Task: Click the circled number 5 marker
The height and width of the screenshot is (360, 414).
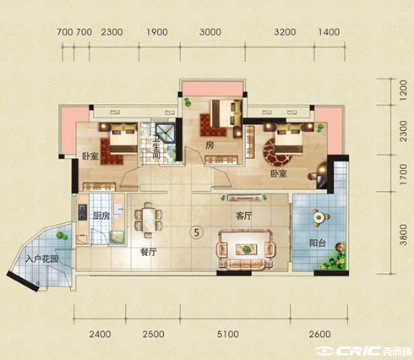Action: (x=197, y=232)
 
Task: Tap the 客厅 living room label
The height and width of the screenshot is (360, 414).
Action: (x=244, y=216)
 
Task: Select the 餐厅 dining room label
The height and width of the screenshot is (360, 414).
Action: (x=149, y=252)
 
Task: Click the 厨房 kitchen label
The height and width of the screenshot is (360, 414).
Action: (x=101, y=215)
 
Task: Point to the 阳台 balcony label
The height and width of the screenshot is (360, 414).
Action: (x=318, y=243)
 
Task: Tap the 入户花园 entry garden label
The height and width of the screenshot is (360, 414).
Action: (x=41, y=259)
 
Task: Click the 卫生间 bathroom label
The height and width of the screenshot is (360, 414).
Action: (x=155, y=147)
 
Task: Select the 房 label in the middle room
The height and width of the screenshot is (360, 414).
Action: (x=210, y=145)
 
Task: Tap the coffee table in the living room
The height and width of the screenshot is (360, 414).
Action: (x=246, y=249)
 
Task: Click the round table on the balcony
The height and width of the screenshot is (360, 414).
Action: (x=319, y=217)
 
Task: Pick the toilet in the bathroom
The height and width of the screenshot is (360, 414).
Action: (x=146, y=130)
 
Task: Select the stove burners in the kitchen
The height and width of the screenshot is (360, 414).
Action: (x=82, y=212)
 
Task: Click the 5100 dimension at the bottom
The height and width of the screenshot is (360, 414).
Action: (x=228, y=335)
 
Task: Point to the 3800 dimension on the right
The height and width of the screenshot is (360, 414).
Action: (x=403, y=235)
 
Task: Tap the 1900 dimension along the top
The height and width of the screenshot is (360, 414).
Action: (x=157, y=32)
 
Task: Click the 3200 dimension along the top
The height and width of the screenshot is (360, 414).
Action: (x=285, y=32)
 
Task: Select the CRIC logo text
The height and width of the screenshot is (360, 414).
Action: (x=358, y=351)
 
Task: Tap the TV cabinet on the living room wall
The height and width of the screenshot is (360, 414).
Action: (x=244, y=198)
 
